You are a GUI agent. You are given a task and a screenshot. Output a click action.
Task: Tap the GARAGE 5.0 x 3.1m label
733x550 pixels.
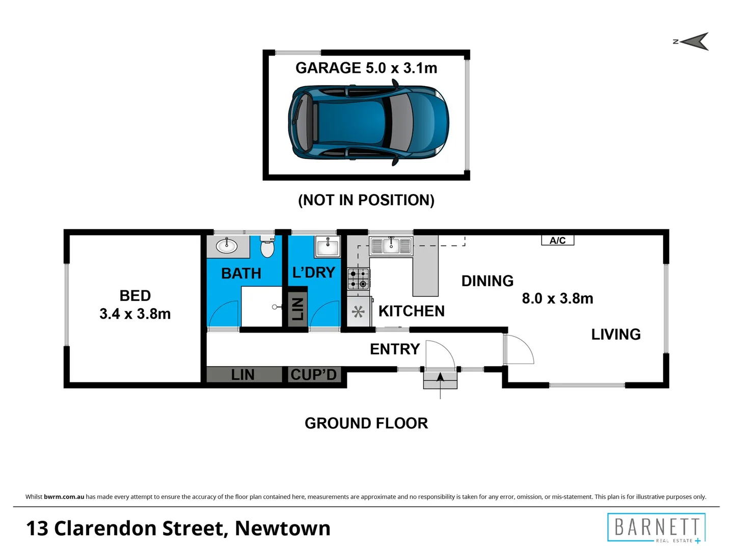coord(366,68)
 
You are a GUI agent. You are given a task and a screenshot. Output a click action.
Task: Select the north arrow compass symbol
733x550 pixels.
coord(693,42)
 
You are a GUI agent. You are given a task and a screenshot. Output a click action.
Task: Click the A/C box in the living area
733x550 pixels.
coord(557,240)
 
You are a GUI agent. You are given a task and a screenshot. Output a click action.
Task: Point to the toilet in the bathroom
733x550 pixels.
coord(267,246)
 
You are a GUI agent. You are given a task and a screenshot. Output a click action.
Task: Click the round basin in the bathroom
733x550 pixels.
coord(227,246)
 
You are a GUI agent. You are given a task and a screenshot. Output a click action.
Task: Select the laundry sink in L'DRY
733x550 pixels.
coord(328,248)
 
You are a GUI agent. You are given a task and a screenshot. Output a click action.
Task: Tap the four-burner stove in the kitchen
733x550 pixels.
coord(358,279)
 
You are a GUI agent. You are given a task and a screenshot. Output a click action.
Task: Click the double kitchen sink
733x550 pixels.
coord(391,246)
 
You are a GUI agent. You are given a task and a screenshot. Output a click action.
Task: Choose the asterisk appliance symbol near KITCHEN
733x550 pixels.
coord(358,311)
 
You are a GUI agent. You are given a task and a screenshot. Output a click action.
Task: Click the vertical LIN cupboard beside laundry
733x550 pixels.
coord(297,309)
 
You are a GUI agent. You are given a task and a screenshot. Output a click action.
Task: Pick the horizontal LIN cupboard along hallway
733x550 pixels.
coord(243,375)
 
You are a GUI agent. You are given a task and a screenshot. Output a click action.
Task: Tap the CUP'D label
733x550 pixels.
coord(314,375)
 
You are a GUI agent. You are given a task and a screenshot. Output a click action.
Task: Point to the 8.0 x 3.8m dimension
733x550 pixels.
coord(557,298)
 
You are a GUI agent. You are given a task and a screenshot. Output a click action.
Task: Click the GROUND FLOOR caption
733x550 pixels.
coord(366,423)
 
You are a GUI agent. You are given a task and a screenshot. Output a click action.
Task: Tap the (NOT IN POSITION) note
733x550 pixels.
coord(366,200)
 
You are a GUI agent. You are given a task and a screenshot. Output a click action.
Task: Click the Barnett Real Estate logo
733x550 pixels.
coord(656,528)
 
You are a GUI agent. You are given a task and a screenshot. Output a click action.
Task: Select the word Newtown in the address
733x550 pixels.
coord(283,528)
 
